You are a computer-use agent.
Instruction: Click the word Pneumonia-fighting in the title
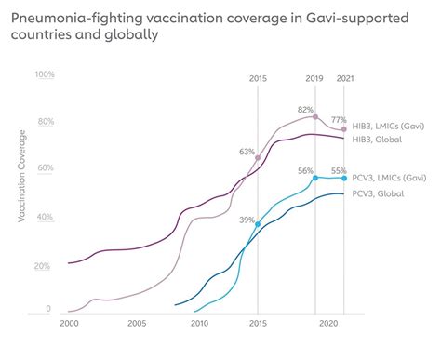[71, 17]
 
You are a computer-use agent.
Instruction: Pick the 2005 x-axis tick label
[136, 324]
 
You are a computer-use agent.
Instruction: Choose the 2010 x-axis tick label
[199, 324]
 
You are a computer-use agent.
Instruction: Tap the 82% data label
[305, 110]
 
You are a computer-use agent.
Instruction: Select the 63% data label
[247, 151]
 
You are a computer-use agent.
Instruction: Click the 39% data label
[247, 220]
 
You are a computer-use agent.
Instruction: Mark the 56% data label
[305, 170]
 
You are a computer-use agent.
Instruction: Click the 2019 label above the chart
[316, 79]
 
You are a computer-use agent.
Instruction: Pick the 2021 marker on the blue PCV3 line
[344, 178]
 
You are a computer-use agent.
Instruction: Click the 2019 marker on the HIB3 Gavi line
[316, 117]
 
